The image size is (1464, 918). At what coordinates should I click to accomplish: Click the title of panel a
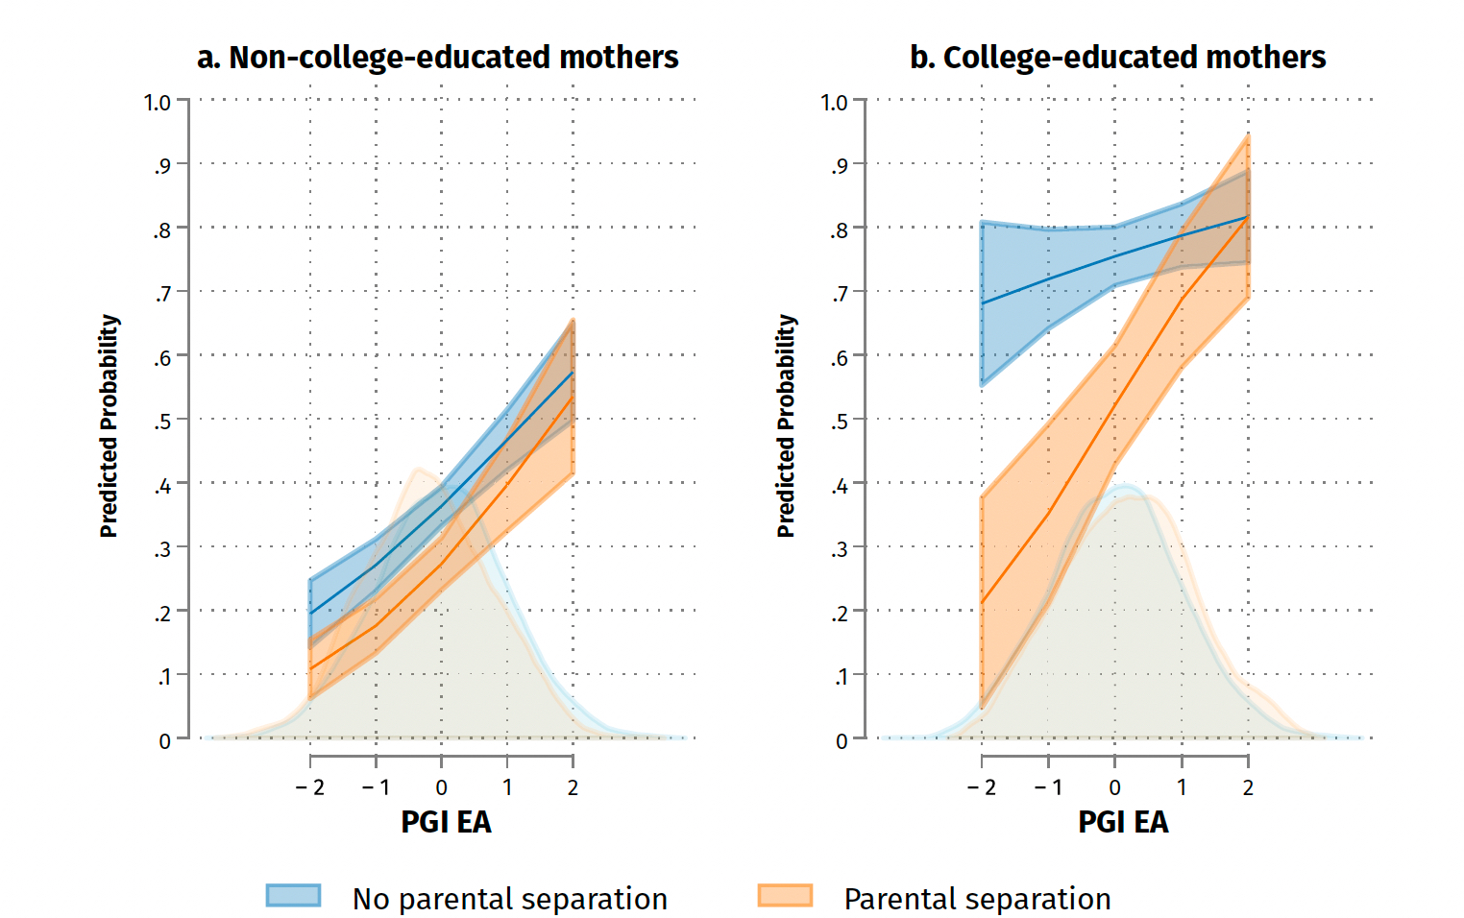coord(437,58)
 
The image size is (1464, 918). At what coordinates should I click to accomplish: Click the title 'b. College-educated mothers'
coord(1117,58)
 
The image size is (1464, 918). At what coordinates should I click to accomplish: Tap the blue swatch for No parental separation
coord(293,896)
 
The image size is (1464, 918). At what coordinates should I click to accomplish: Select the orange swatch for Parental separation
coord(785,896)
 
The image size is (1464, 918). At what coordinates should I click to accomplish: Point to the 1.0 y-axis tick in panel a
coord(158,102)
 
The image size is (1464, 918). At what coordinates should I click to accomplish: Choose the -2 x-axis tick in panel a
coord(309,787)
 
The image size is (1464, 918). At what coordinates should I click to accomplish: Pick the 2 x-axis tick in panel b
coord(1248,787)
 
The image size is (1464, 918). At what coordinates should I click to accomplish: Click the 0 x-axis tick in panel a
coord(441,787)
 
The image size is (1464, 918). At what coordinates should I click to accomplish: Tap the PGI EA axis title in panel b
coord(1123,823)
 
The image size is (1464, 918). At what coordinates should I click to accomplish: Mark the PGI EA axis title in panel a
coord(446,823)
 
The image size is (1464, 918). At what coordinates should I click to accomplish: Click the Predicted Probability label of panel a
coord(110,425)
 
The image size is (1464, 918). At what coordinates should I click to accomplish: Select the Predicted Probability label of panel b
coord(787,425)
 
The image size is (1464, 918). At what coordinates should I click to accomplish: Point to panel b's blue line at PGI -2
coord(982,303)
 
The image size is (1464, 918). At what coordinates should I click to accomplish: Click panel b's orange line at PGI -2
coord(982,603)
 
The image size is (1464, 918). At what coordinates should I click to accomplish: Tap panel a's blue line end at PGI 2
coord(573,373)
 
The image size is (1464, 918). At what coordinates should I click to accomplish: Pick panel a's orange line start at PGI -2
coord(310,668)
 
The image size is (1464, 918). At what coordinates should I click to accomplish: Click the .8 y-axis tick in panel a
coord(161,230)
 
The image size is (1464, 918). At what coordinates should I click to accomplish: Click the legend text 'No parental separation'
coord(509,899)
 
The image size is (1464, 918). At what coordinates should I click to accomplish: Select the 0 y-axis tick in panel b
coord(842,741)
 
